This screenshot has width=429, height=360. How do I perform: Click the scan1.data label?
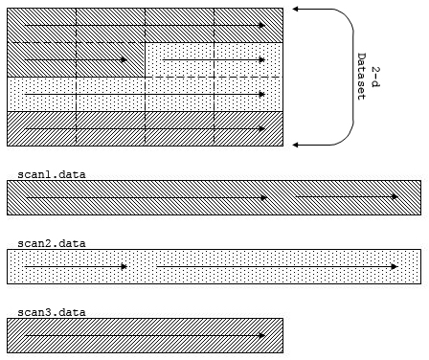(x=52, y=174)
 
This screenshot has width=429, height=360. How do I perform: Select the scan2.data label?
(x=52, y=243)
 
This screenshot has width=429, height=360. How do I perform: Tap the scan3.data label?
(x=52, y=312)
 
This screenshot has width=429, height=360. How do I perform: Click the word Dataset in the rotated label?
(x=361, y=77)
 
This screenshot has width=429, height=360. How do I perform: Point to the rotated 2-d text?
(x=375, y=77)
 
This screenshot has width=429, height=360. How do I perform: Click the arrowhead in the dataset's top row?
(x=262, y=25)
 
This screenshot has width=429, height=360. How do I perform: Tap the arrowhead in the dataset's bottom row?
(x=262, y=129)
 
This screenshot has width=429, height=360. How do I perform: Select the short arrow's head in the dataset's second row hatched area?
(x=124, y=59)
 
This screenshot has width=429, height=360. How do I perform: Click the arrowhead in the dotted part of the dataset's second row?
(x=262, y=59)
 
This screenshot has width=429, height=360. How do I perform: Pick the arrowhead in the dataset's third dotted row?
(x=262, y=95)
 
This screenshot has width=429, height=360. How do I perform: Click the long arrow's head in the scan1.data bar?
(x=263, y=198)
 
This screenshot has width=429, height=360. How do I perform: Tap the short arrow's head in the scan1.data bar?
(x=395, y=197)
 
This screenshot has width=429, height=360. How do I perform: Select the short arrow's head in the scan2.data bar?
(x=124, y=267)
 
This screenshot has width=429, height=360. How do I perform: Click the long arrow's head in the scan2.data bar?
(x=395, y=267)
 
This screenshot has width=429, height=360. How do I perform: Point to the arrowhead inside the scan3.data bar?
(x=262, y=336)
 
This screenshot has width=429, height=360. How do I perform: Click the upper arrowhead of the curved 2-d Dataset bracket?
(x=296, y=9)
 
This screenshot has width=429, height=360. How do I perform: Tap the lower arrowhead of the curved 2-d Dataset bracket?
(x=296, y=146)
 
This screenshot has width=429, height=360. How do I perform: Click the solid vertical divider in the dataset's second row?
(x=146, y=59)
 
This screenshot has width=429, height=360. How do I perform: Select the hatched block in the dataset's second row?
(x=76, y=59)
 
